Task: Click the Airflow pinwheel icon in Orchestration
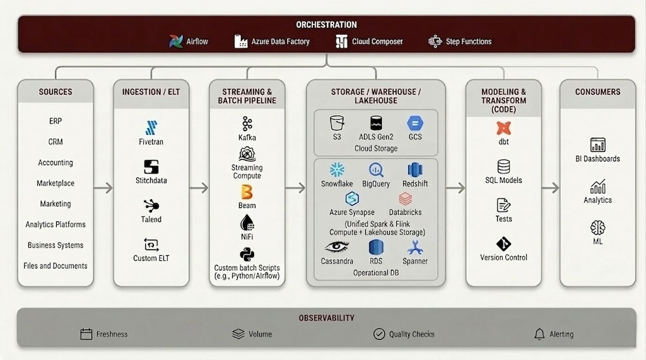[x=176, y=42]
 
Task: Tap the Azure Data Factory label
[x=280, y=42]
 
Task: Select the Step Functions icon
[x=435, y=42]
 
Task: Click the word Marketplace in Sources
[x=56, y=183]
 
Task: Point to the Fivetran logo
[x=151, y=127]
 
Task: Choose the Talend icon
[x=151, y=206]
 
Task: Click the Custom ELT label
[x=151, y=258]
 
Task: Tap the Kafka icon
[x=247, y=124]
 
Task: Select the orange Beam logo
[x=247, y=192]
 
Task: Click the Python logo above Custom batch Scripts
[x=247, y=254]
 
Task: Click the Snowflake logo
[x=337, y=170]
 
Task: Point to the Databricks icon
[x=405, y=199]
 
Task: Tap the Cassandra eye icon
[x=337, y=247]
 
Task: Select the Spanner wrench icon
[x=414, y=247]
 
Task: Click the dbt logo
[x=503, y=127]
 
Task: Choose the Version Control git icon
[x=503, y=243]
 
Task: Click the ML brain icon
[x=597, y=228]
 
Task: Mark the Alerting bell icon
[x=539, y=334]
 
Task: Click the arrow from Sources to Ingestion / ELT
[x=103, y=188]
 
